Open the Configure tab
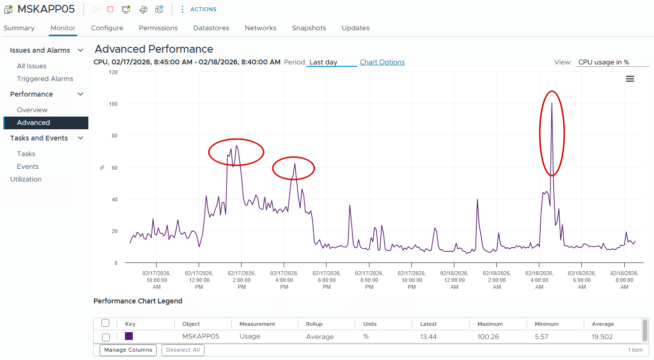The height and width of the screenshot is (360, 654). pyautogui.click(x=107, y=28)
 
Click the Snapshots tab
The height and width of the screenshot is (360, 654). pyautogui.click(x=308, y=28)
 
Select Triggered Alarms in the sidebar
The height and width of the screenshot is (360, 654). pyautogui.click(x=45, y=79)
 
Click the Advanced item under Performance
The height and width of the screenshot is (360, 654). pyautogui.click(x=33, y=122)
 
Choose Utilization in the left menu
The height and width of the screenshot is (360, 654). pyautogui.click(x=26, y=179)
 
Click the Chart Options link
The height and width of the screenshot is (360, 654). pyautogui.click(x=382, y=62)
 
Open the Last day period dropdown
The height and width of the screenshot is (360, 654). pyautogui.click(x=331, y=62)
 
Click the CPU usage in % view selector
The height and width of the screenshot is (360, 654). pyautogui.click(x=612, y=62)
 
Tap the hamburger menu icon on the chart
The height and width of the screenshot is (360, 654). pyautogui.click(x=630, y=79)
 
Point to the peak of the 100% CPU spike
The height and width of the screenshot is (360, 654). pyautogui.click(x=552, y=103)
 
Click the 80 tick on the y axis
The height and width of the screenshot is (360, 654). pyautogui.click(x=114, y=136)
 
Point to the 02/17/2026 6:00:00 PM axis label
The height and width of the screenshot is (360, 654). pyautogui.click(x=327, y=280)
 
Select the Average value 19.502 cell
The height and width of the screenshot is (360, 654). pyautogui.click(x=603, y=337)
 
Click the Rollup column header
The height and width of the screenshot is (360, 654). pyautogui.click(x=314, y=324)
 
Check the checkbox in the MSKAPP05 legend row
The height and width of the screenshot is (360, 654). pyautogui.click(x=106, y=337)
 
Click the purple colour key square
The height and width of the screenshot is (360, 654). pyautogui.click(x=129, y=336)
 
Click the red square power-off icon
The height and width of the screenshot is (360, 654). pyautogui.click(x=110, y=9)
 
